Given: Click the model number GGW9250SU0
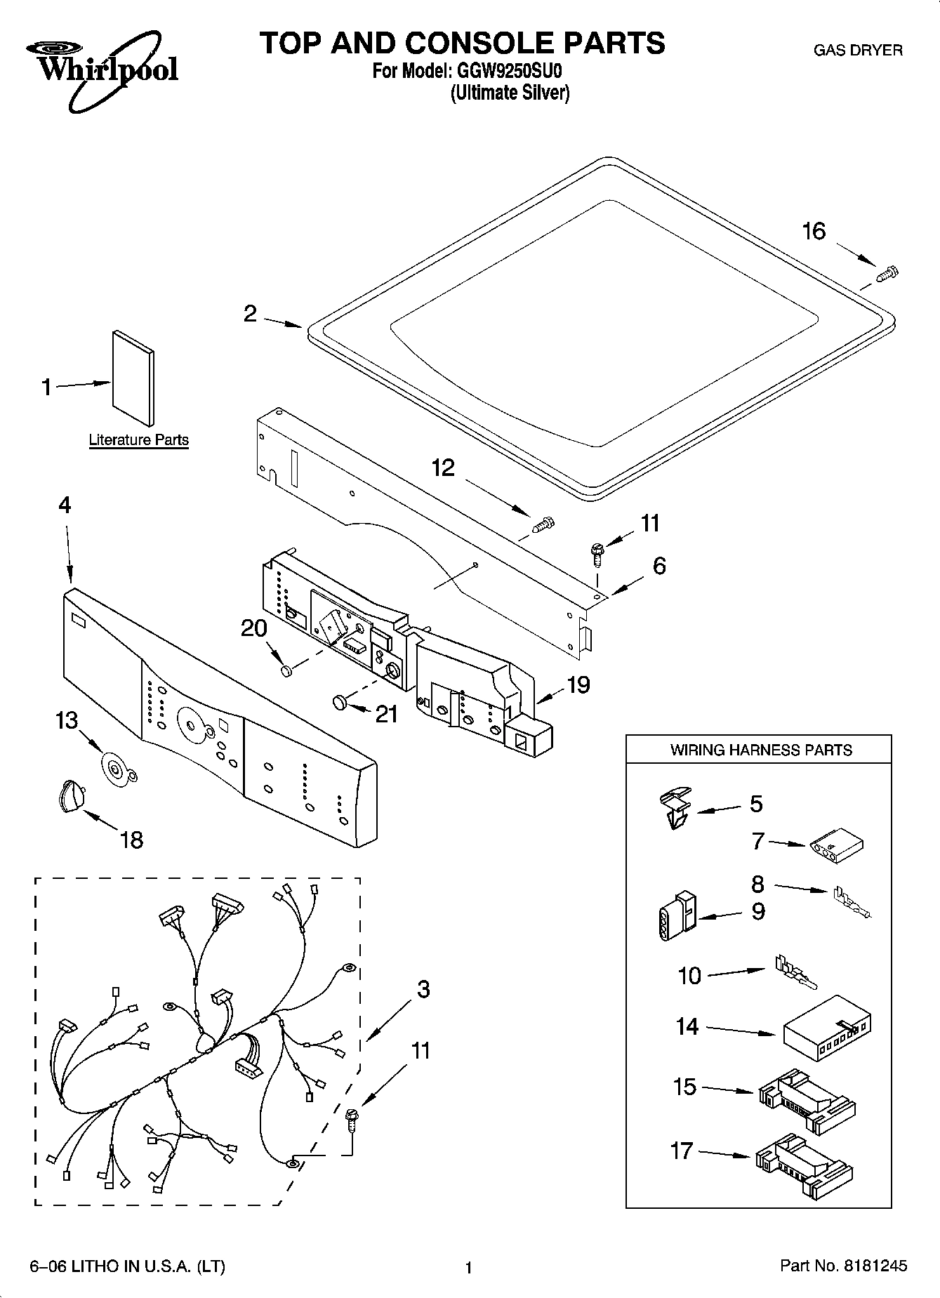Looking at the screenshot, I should coord(507,72).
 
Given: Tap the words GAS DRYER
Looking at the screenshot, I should coord(857,51).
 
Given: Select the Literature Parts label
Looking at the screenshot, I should coord(138,440).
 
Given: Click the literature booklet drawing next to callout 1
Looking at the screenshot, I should coord(133,378).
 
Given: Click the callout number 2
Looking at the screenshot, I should coord(250,314).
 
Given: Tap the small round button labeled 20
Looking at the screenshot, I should coord(286,672).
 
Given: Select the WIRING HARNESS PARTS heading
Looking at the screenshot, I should coord(760,750).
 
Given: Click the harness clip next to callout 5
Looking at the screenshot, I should coord(675,808).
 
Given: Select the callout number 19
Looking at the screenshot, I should coord(578,684).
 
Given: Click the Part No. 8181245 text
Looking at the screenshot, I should coord(843,1265).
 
